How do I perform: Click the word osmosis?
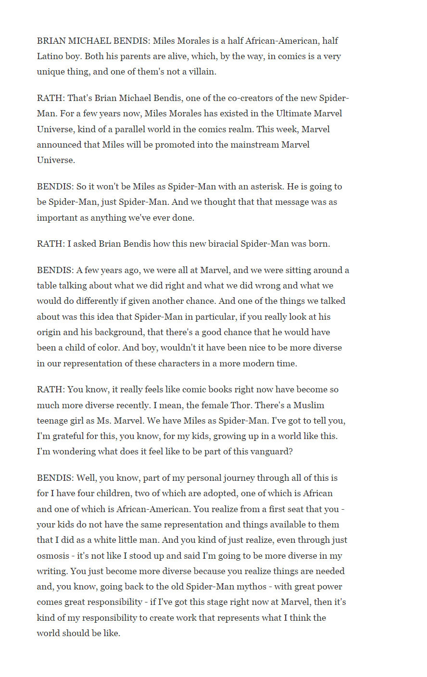coord(53,556)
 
